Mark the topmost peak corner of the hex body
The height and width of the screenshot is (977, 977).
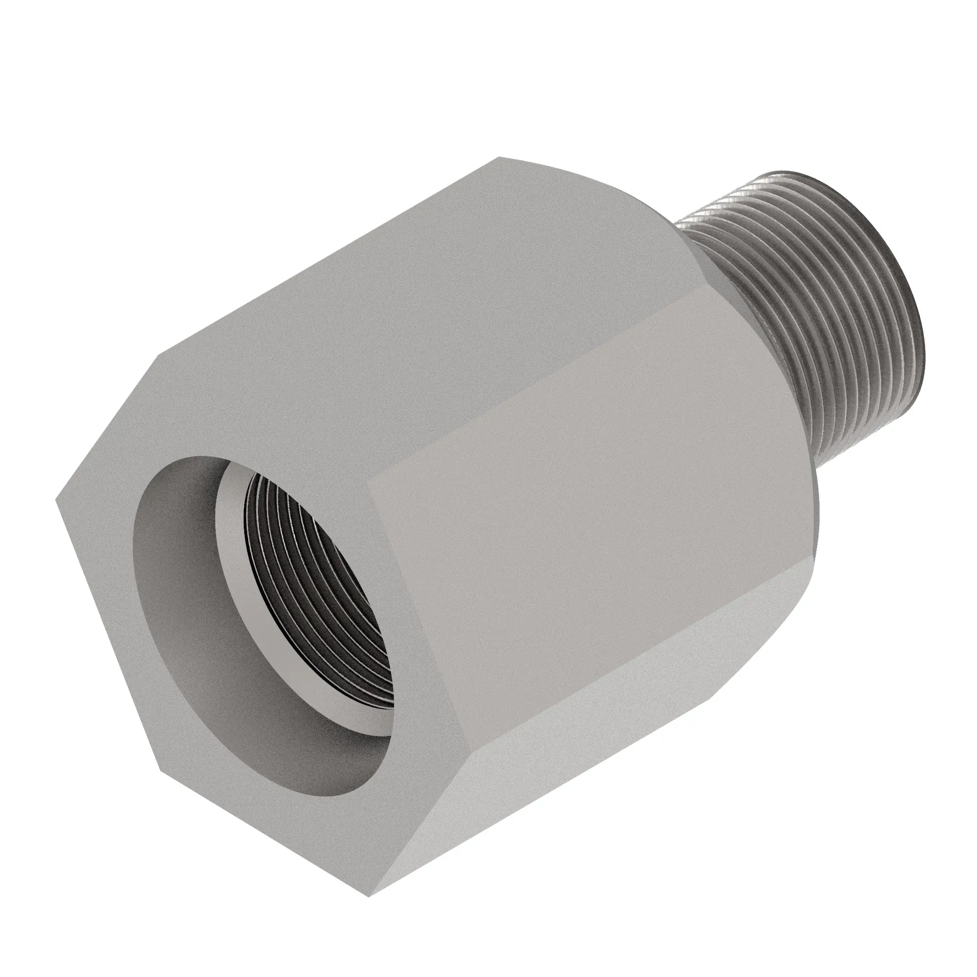498,158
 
